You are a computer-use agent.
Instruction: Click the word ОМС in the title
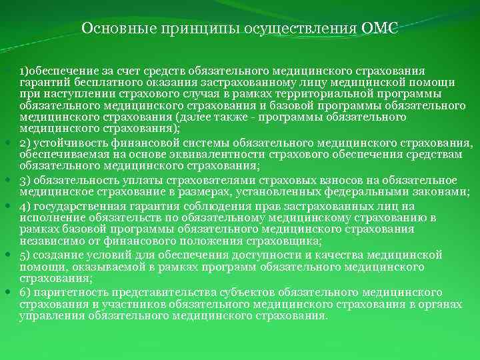point(379,29)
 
